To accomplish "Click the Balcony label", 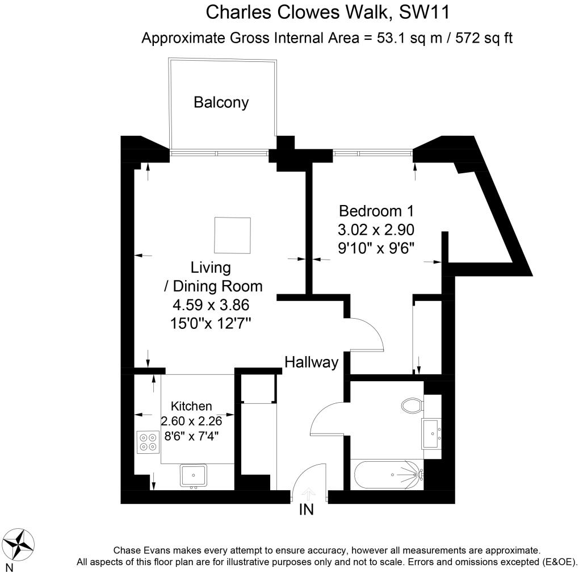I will (221, 102).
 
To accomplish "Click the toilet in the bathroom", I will (412, 406).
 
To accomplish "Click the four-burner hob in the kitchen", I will (149, 442).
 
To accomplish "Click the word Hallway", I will (312, 362).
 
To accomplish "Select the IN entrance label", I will (306, 510).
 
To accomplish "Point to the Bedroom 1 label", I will (376, 211).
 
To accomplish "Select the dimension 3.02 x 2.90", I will (376, 229).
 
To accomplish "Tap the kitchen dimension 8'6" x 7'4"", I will (191, 436).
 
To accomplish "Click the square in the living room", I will (232, 236).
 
